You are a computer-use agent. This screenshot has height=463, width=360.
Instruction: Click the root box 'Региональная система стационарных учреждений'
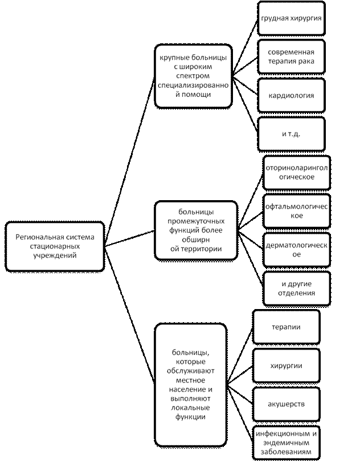point(55,246)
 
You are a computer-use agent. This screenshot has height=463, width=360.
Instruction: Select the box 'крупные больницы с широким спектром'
point(193,76)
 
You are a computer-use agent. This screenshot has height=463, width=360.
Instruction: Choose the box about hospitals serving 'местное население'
point(191,385)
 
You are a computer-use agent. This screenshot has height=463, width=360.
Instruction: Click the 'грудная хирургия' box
point(291,18)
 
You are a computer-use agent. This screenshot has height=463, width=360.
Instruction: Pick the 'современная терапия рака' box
point(291,55)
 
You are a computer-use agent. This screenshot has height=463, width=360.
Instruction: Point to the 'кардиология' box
point(291,95)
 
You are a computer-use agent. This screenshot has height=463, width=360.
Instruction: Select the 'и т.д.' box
point(291,133)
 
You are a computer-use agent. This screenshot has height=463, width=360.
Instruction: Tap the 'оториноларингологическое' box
point(297,172)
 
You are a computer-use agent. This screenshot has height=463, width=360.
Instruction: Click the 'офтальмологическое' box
point(297,211)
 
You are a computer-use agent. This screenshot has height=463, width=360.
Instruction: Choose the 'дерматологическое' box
point(297,250)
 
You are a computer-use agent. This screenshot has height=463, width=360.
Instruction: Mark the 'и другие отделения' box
point(297,289)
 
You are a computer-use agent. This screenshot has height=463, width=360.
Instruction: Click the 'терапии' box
point(286,327)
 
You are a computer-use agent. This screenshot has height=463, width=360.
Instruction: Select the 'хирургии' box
point(286,365)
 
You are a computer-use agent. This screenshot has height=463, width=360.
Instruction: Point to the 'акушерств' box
point(286,404)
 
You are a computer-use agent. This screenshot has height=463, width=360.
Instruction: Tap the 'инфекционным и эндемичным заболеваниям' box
point(286,442)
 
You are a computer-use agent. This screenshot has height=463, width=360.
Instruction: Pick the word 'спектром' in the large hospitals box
point(193,76)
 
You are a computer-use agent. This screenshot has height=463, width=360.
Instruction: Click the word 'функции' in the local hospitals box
point(191,417)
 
